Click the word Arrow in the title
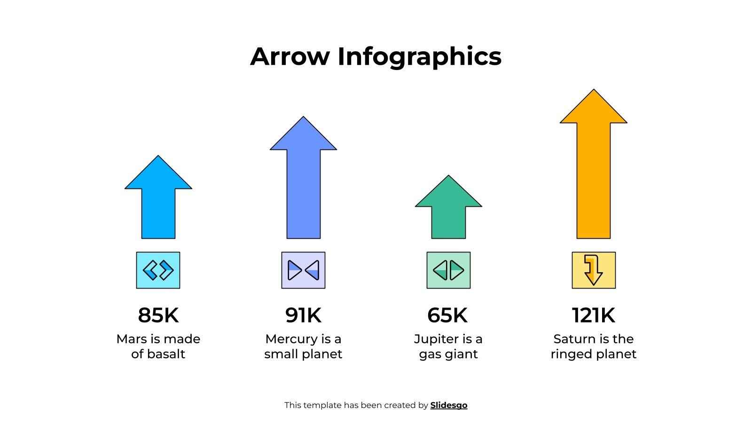[x=290, y=56]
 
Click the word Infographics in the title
[x=419, y=57]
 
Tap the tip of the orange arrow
[x=594, y=91]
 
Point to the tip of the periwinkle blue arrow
[x=303, y=118]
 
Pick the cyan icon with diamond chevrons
[x=158, y=270]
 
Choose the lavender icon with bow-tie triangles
[x=303, y=270]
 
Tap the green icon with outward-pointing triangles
[x=448, y=270]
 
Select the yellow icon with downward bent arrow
[x=594, y=270]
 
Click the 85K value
[x=158, y=315]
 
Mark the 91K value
[x=303, y=315]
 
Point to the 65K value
[x=447, y=315]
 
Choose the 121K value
[x=594, y=315]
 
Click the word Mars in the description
[x=132, y=339]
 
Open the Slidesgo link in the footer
[x=448, y=405]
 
